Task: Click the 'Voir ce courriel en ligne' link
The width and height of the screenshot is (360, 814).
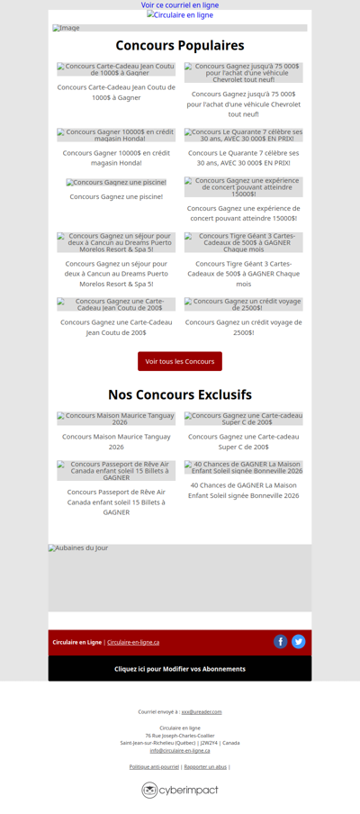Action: (x=180, y=5)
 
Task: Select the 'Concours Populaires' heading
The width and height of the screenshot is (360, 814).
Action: (x=180, y=45)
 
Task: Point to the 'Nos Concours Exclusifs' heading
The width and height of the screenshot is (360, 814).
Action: (x=180, y=394)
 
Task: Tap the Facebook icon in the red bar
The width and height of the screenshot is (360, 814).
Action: (x=281, y=642)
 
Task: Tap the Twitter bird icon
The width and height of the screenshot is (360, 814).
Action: (x=299, y=642)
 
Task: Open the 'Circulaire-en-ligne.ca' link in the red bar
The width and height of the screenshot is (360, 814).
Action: (x=133, y=642)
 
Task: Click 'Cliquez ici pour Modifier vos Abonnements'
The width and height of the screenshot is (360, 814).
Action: (x=180, y=669)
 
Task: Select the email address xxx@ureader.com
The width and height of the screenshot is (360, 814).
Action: (x=202, y=711)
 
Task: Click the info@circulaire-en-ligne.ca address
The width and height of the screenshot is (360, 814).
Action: (x=180, y=750)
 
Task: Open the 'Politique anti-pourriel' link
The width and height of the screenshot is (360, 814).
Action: (x=154, y=766)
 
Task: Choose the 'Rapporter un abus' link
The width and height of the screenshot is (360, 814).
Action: (x=205, y=766)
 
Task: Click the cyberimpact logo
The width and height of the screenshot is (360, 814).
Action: (x=180, y=790)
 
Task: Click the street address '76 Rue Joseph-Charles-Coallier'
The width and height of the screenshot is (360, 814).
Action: (x=180, y=735)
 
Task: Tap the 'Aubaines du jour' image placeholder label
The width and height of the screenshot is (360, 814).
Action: (x=78, y=548)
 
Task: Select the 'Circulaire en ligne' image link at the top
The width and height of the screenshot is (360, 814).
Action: (x=180, y=15)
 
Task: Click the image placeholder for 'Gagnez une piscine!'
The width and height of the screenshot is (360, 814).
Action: (x=116, y=183)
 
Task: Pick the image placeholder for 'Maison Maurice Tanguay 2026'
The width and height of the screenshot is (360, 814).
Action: (x=116, y=419)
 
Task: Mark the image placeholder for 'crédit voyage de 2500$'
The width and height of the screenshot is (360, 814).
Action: (x=244, y=304)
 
